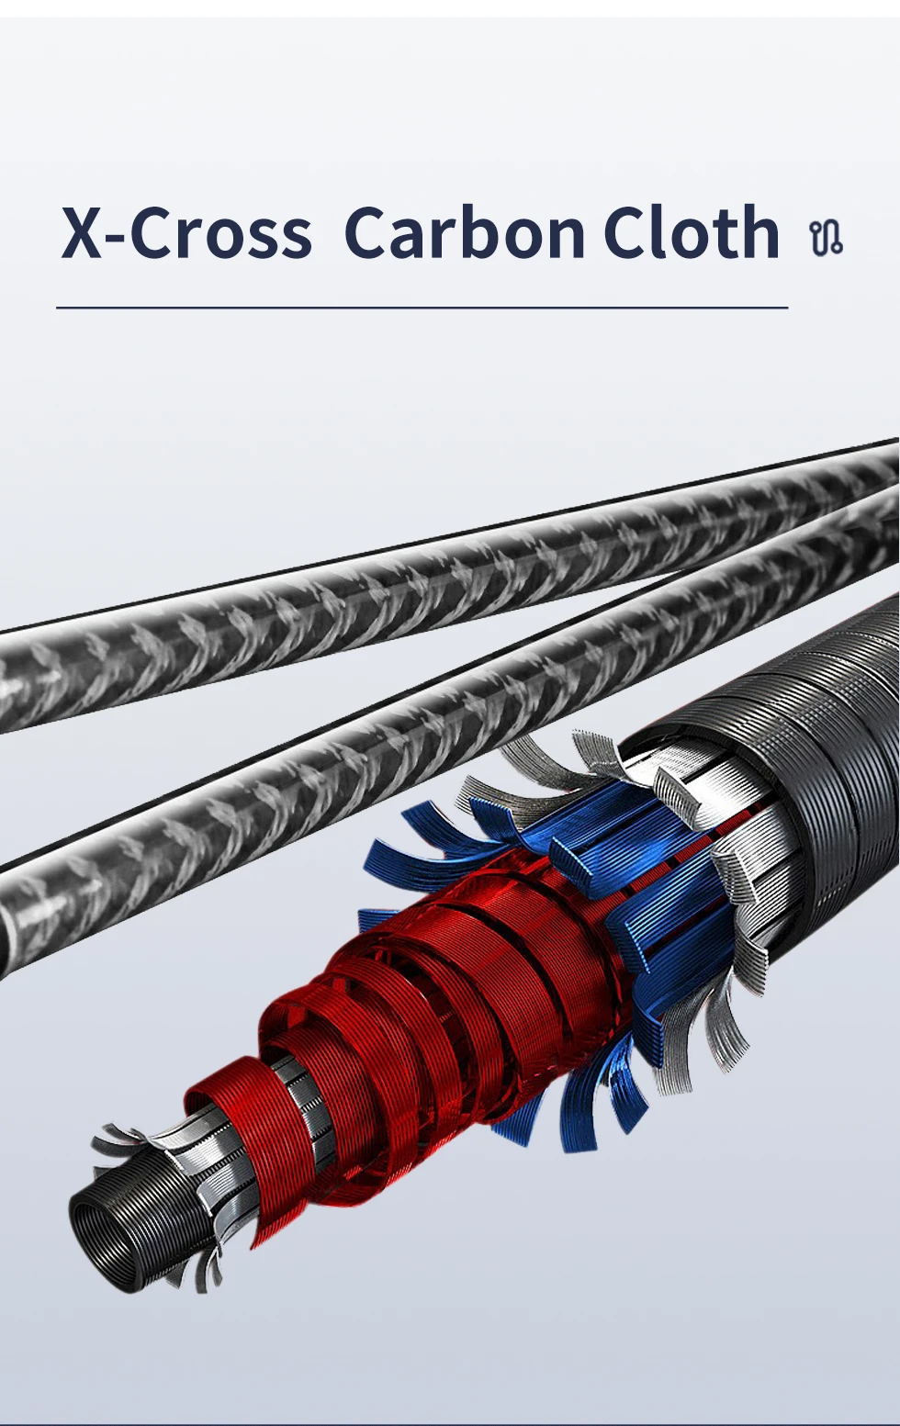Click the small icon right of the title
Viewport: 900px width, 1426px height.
pos(827,239)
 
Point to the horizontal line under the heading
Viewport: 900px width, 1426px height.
pos(422,308)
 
